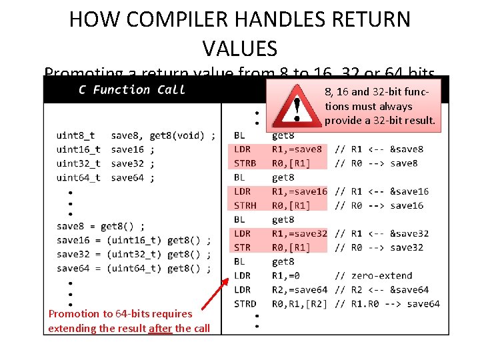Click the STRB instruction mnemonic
tap(245, 163)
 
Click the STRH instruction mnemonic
tap(245, 205)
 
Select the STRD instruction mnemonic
tap(245, 303)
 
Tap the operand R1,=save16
tap(299, 191)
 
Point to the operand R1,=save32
tap(299, 233)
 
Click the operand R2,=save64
tap(299, 289)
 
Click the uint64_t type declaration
tap(79, 177)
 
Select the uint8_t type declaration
tap(76, 135)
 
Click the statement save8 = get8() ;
tap(101, 226)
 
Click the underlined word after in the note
tap(160, 327)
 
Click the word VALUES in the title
tap(239, 48)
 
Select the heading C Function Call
tap(131, 89)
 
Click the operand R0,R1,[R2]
tap(301, 303)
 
